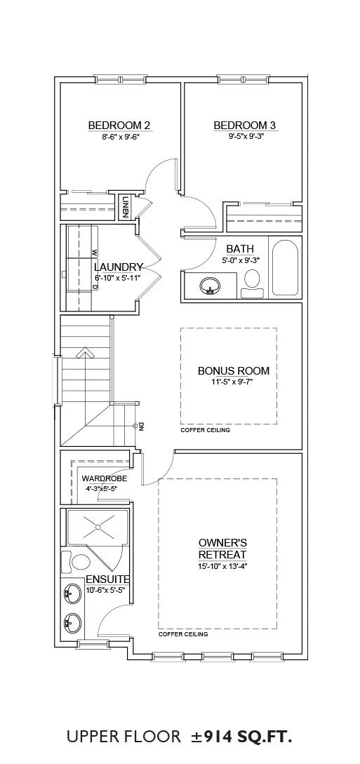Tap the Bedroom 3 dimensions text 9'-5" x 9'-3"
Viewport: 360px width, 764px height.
pos(246,137)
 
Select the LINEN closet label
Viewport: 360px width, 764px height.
pos(126,206)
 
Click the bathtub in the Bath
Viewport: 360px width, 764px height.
pos(285,267)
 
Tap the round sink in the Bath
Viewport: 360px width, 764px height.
pos(211,286)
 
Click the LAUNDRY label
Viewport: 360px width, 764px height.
pos(119,267)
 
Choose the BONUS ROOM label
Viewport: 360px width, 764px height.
pos(234,371)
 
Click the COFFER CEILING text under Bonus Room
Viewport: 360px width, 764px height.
pos(205,431)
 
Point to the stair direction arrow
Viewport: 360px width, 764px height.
pos(85,352)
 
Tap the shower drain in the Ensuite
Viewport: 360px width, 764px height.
pos(98,527)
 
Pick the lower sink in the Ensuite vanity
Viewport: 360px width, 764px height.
pos(71,622)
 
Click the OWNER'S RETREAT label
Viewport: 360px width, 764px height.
pos(223,549)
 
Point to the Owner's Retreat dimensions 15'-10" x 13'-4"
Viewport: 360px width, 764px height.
pos(223,566)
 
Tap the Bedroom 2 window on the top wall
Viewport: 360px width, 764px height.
pos(120,79)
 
